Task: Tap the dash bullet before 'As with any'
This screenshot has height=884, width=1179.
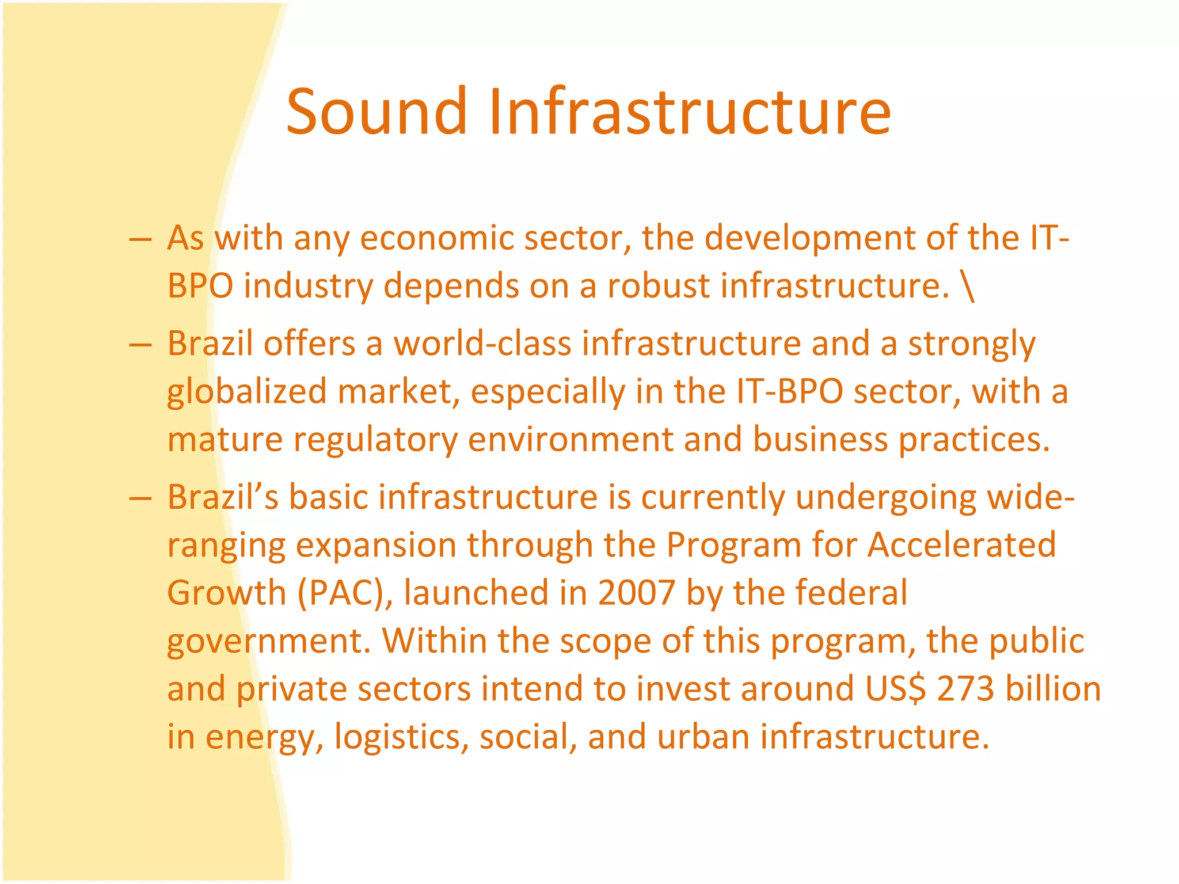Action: tap(140, 239)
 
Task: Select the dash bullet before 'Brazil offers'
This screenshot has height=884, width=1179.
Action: tap(140, 345)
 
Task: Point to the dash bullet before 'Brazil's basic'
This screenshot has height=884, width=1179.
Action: tap(140, 498)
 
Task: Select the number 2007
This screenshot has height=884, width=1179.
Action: tap(636, 593)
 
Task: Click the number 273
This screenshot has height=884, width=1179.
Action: tap(965, 689)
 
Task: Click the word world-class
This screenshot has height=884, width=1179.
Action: tap(482, 344)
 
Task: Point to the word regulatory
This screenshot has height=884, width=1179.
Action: tap(375, 440)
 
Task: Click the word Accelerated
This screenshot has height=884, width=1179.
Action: tap(961, 544)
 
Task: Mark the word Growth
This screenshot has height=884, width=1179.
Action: tap(226, 593)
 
